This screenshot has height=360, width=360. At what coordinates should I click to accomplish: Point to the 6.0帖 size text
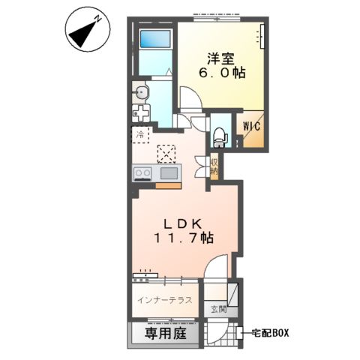click(x=223, y=73)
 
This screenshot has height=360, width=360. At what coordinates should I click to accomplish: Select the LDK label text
click(x=184, y=223)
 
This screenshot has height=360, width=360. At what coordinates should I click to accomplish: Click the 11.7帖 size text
click(x=184, y=238)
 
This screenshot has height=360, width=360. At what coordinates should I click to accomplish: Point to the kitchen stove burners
click(x=142, y=173)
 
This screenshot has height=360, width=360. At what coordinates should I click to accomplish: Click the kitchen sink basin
click(x=168, y=173)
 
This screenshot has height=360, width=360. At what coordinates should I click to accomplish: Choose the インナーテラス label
click(x=165, y=301)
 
